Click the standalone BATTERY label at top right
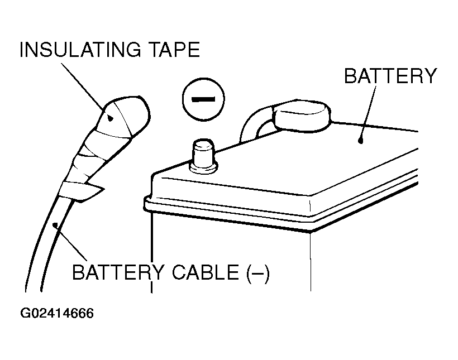(x=390, y=75)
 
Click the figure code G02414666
(x=57, y=313)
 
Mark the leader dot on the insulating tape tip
(x=110, y=118)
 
